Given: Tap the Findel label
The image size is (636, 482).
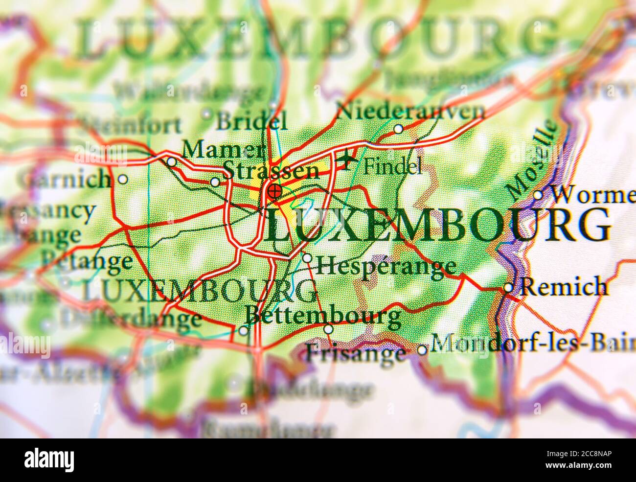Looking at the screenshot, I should (393, 167).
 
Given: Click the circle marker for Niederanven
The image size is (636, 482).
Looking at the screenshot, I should (398, 129).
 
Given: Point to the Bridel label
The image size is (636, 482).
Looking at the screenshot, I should (251, 121).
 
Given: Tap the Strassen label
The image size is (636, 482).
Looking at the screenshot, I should (271, 171).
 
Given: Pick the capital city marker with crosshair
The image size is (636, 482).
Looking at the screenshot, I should (274, 191).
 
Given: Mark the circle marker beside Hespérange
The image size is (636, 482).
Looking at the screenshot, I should (307, 258).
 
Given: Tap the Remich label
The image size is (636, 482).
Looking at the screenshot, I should (564, 287).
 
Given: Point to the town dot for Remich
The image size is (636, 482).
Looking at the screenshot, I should (509, 288).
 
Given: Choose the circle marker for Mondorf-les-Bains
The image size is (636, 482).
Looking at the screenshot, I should (422, 350).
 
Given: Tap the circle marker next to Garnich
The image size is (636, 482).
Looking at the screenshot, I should (123, 180).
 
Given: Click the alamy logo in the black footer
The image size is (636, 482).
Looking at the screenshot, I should (49, 460).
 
